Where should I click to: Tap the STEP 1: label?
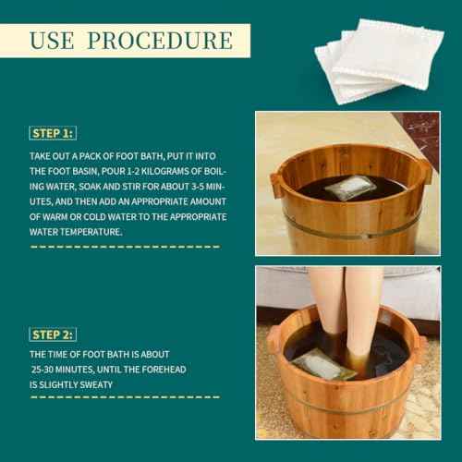tap(52, 133)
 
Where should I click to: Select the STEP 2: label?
tap(53, 334)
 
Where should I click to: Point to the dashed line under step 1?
tap(126, 247)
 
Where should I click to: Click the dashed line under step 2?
tap(126, 397)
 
